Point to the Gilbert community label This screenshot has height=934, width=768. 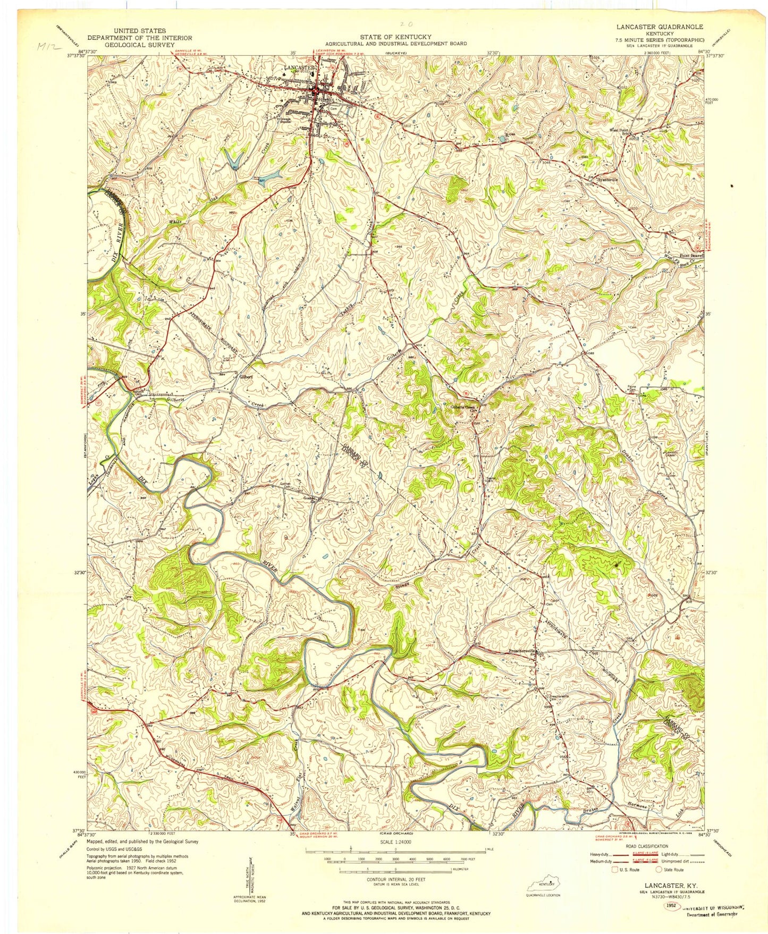click(246, 376)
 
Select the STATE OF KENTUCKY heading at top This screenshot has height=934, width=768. click(396, 37)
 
